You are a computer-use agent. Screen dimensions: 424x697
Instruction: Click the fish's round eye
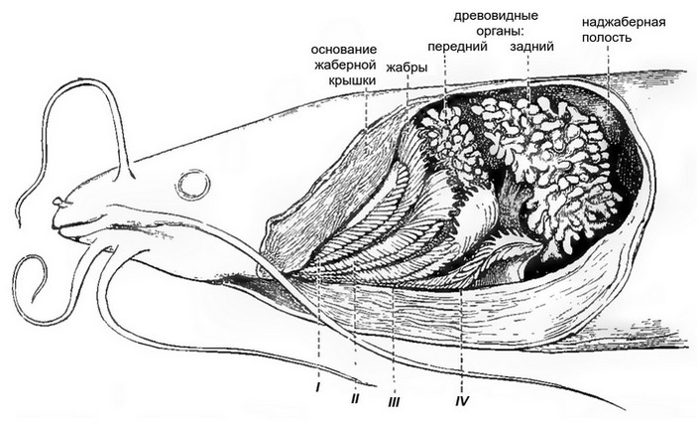click(191, 184)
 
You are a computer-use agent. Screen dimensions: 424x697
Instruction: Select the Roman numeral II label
click(354, 396)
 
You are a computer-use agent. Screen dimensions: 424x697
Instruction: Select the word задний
click(527, 46)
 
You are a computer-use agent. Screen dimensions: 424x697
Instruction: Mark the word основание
click(344, 49)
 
